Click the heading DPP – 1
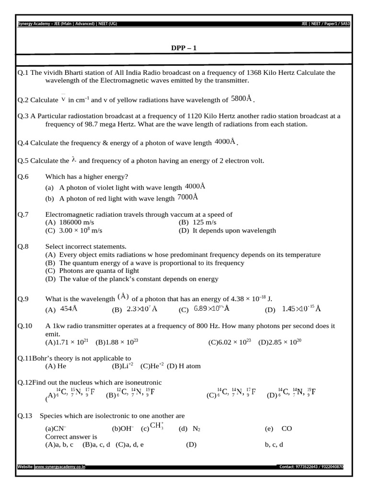tap(184, 48)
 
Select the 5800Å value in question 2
tap(241, 98)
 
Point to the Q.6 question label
tap(23, 176)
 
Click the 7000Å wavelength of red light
tap(188, 197)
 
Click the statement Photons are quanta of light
tap(92, 270)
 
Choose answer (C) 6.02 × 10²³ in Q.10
tap(230, 342)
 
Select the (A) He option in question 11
tap(56, 366)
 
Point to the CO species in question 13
tap(287, 429)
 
